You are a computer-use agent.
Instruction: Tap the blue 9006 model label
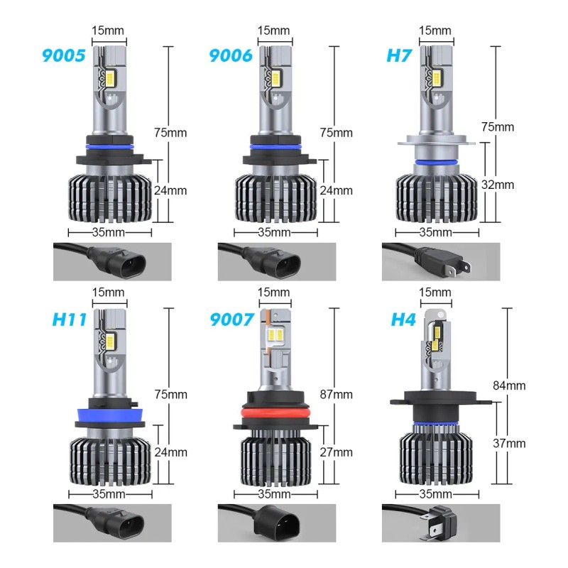tap(231, 55)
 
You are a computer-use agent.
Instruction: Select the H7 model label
tap(399, 55)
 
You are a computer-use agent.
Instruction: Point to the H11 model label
tap(70, 319)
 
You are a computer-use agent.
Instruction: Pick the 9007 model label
tap(231, 319)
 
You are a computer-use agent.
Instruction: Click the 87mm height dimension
tap(336, 394)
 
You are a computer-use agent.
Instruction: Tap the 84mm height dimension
tap(509, 386)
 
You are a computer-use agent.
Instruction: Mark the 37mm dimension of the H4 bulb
tap(509, 443)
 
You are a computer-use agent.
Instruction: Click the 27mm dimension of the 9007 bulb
tap(336, 452)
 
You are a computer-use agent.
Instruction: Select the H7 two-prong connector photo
tap(439, 261)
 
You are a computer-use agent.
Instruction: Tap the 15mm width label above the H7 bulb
tap(435, 31)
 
